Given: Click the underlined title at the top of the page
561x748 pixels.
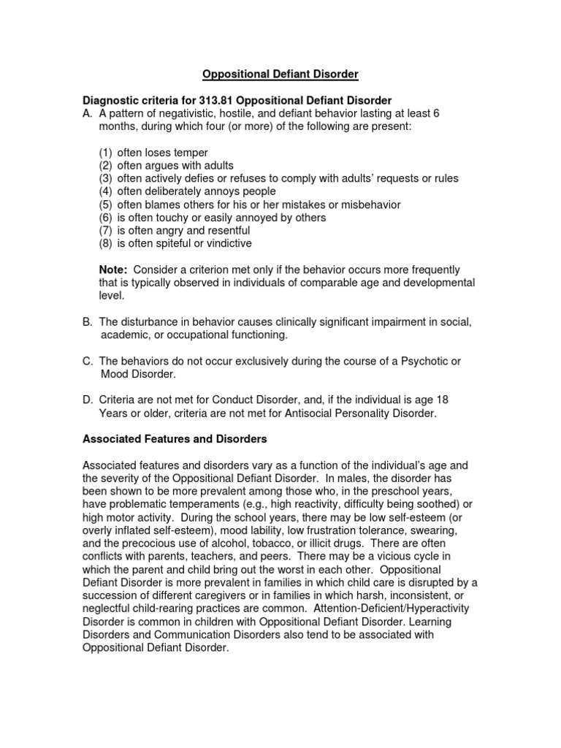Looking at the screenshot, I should point(280,74).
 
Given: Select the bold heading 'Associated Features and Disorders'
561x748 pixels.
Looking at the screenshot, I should point(175,439).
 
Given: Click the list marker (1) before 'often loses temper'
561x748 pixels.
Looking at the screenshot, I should point(107,153).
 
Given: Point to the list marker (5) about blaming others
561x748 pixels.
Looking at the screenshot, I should point(107,205).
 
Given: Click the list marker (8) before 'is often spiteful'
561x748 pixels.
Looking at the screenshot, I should point(107,243).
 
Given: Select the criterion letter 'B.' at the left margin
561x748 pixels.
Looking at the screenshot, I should point(88,322).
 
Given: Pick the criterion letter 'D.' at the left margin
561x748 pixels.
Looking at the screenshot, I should point(88,400).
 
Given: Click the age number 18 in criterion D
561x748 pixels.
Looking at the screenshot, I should point(430,400).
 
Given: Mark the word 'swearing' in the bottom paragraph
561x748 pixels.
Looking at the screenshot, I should point(436,531).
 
